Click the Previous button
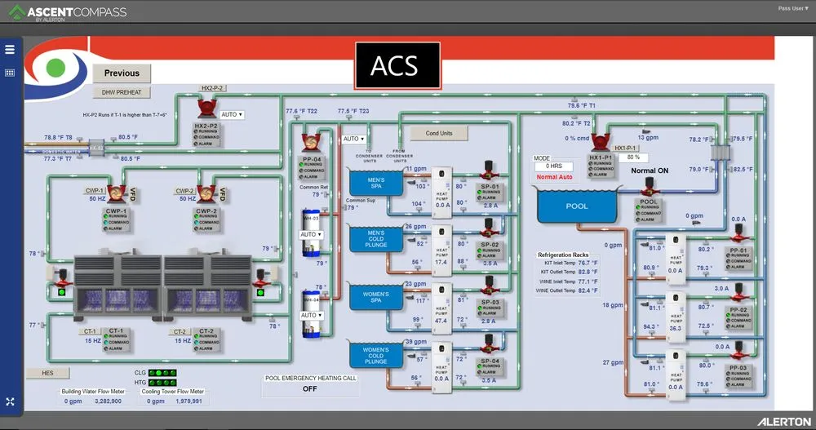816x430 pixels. pos(122,73)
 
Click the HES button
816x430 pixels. pos(40,373)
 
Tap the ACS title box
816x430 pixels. pos(397,65)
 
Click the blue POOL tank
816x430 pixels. pos(576,206)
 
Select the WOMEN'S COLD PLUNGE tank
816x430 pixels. pos(376,355)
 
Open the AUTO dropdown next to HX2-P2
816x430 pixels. pos(232,115)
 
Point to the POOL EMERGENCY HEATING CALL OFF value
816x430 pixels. pos(309,389)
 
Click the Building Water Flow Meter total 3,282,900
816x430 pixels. pos(108,401)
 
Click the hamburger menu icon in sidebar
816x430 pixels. pos(10,49)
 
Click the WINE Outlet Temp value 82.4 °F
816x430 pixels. pos(587,290)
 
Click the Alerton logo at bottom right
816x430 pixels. pos(783,421)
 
